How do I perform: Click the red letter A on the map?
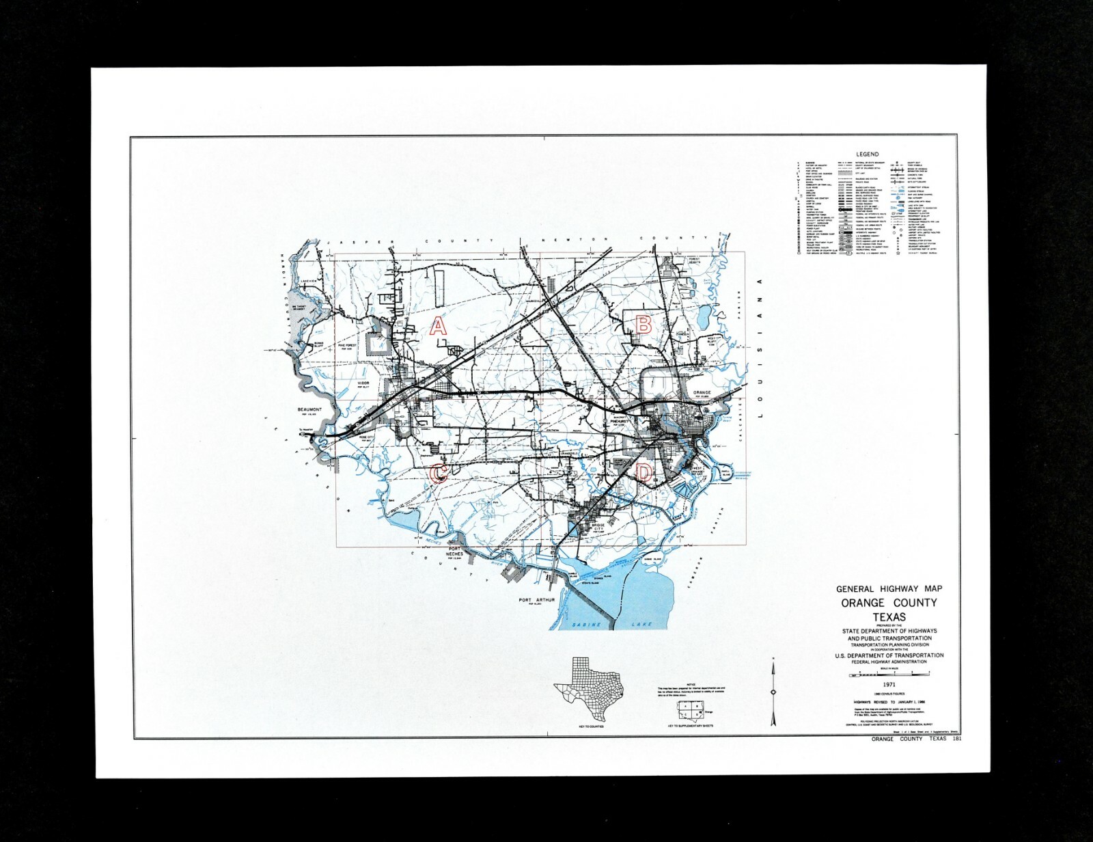(438, 326)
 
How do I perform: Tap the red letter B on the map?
(643, 325)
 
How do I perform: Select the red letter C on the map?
(439, 472)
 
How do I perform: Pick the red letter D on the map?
(644, 472)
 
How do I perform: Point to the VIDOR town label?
(363, 384)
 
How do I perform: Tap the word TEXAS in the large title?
(889, 617)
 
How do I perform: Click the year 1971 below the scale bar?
(889, 684)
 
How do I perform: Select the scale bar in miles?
(889, 675)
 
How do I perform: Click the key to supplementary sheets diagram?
(689, 711)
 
